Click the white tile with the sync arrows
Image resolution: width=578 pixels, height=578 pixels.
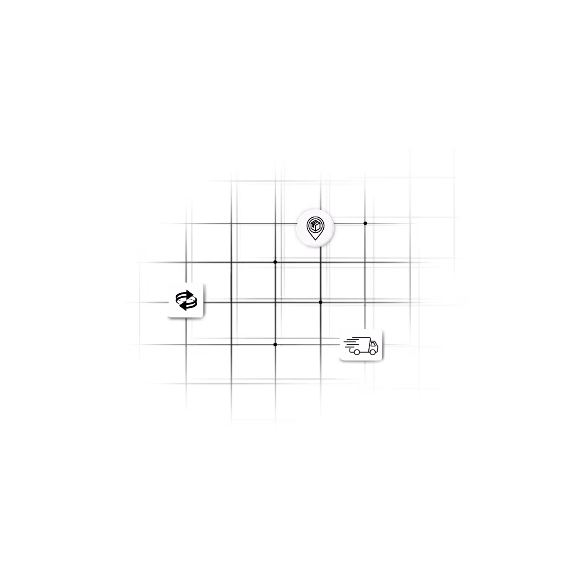point(186,300)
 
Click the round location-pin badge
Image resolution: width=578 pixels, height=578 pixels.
point(316,228)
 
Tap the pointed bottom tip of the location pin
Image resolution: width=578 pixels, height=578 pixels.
point(315,239)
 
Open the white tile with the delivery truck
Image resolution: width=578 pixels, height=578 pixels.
point(361,344)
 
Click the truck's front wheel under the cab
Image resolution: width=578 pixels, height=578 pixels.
point(373,352)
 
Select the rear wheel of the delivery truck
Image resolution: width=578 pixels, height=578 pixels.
point(357,352)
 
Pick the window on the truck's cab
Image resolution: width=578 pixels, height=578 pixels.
point(373,344)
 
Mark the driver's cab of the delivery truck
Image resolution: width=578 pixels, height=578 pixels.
point(373,346)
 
